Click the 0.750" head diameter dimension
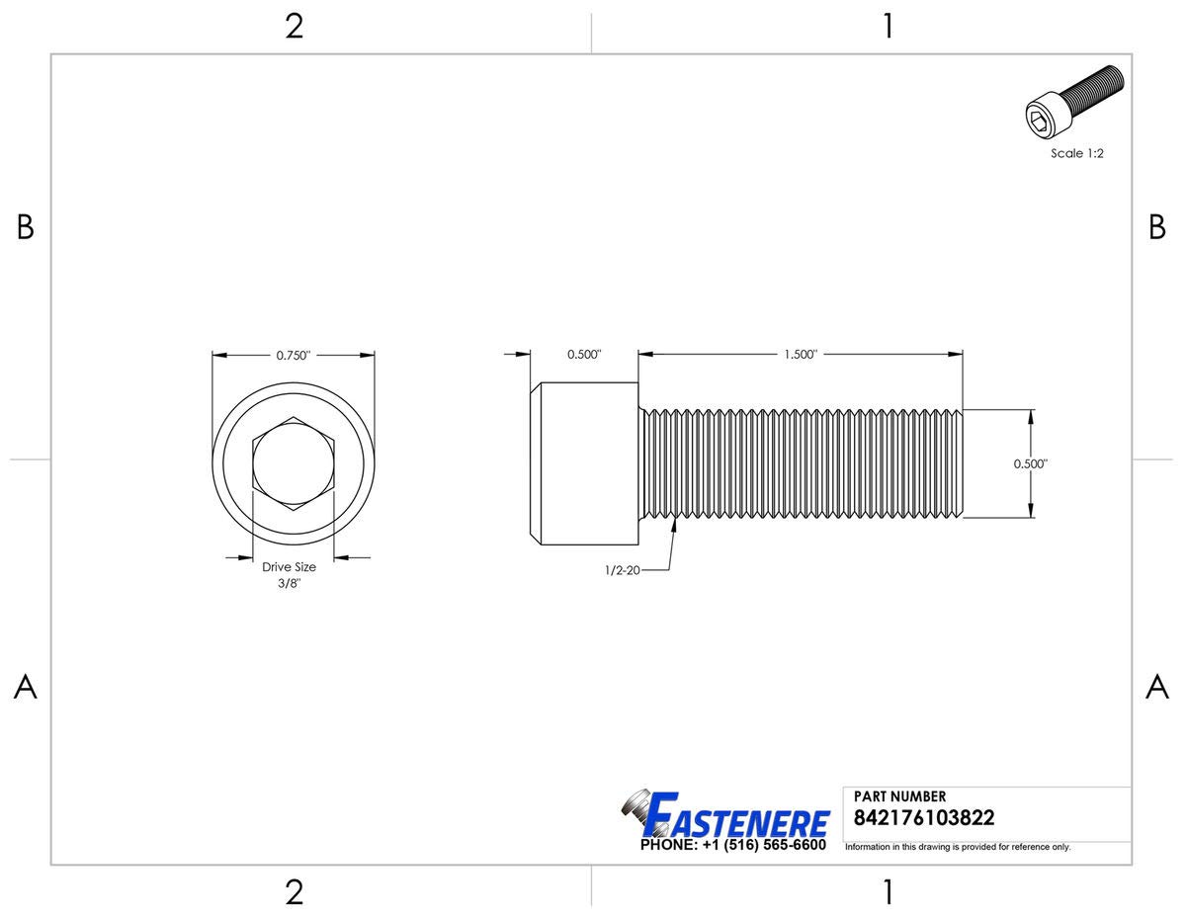coord(294,356)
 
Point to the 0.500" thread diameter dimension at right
coord(1030,462)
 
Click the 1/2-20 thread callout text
coord(623,570)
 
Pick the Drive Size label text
coord(289,567)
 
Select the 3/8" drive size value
coord(289,584)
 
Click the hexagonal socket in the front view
coord(294,464)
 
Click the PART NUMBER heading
coord(899,796)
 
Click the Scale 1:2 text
coord(1076,153)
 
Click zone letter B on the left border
coord(26,228)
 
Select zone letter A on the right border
coord(1156,688)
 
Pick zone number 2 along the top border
coord(294,27)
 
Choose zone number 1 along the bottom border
coord(888,892)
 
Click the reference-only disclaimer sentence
coord(957,847)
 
